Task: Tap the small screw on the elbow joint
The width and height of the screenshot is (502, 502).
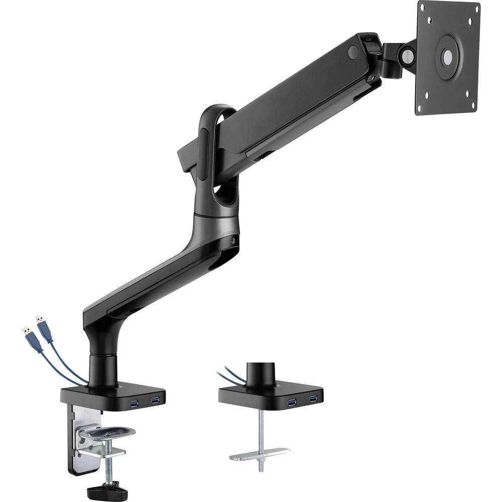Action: coord(232,241)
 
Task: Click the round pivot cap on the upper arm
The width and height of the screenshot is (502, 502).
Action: coord(353,52)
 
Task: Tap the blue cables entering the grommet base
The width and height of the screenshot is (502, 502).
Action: coord(230,374)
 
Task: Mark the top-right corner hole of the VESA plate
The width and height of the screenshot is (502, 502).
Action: coord(470,21)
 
